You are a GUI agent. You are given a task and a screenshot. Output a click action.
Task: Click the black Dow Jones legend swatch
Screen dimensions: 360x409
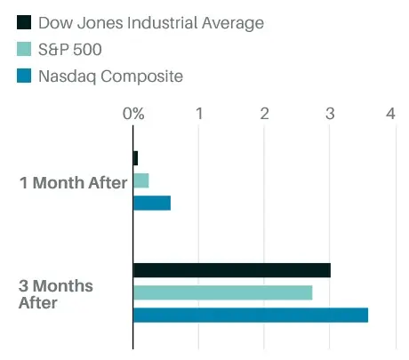[x=24, y=23]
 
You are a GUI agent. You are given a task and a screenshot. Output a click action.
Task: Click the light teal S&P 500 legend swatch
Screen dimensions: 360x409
[x=24, y=50]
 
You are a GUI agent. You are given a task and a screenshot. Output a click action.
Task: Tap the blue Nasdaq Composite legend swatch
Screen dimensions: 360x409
[x=24, y=76]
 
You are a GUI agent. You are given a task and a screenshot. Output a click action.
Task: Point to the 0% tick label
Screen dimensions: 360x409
[x=133, y=114]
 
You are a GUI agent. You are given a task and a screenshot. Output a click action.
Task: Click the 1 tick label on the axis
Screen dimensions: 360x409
[x=199, y=114]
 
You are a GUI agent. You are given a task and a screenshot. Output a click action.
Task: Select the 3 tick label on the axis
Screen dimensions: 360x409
[x=330, y=114]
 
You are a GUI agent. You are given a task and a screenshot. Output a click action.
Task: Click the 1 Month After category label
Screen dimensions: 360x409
[x=74, y=183]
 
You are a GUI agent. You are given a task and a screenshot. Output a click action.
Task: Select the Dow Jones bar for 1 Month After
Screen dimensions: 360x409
[x=136, y=158]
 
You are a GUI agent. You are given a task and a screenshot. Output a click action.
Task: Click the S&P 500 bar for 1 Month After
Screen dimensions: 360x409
[x=141, y=180]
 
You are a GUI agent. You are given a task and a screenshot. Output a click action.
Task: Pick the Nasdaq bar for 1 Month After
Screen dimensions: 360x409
[x=152, y=203]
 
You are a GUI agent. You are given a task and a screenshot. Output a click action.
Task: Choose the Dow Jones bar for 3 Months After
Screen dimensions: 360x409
[x=232, y=270]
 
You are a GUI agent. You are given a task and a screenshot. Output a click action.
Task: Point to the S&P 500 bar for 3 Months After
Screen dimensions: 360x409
[x=223, y=292]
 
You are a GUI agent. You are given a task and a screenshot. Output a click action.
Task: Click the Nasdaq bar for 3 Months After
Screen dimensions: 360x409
[x=251, y=315]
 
